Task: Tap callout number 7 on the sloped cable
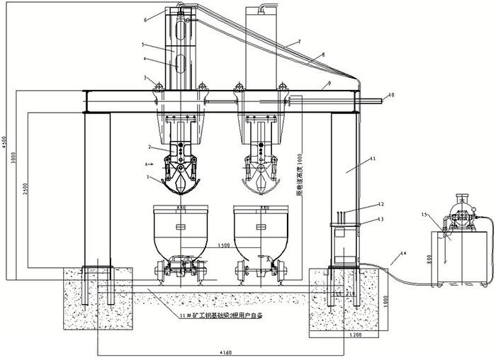[x=298, y=43]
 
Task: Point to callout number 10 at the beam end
[x=392, y=94]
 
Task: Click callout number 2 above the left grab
[x=150, y=147]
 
